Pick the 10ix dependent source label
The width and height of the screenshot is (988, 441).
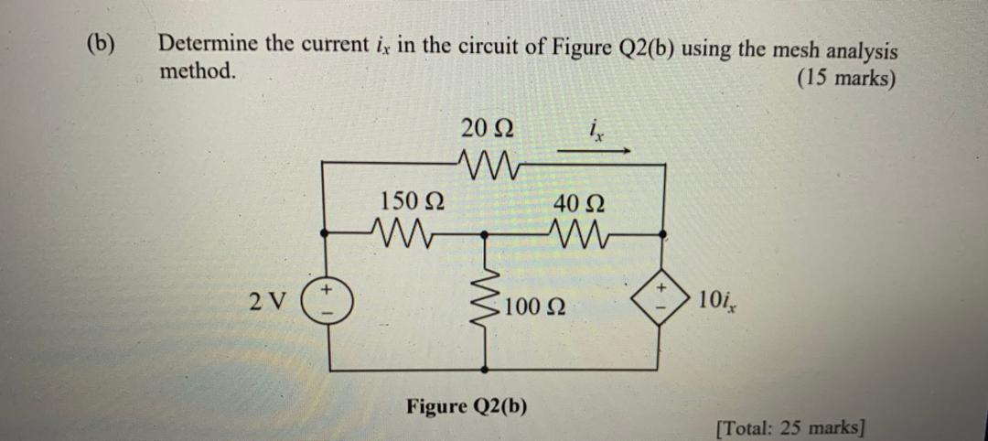[721, 299]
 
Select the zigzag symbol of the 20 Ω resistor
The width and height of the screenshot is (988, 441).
[478, 165]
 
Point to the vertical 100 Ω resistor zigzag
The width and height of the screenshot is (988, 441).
[485, 293]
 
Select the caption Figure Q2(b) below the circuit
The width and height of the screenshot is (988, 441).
[467, 404]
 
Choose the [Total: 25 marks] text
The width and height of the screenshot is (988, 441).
[790, 426]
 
